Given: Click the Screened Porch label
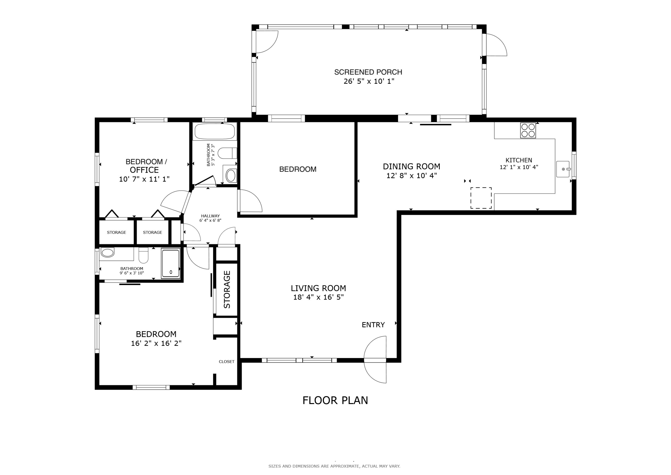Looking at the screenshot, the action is pyautogui.click(x=368, y=72).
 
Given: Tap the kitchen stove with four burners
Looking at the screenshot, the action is pyautogui.click(x=528, y=130).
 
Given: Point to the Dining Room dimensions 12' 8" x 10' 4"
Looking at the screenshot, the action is pyautogui.click(x=412, y=176).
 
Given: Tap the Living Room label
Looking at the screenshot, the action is pyautogui.click(x=318, y=288).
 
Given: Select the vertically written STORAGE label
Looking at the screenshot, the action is pyautogui.click(x=227, y=289).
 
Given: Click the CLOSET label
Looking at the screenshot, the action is pyautogui.click(x=227, y=362).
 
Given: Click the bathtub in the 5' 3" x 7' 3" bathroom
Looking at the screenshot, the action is pyautogui.click(x=215, y=131).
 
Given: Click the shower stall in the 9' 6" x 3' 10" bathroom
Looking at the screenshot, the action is pyautogui.click(x=171, y=264).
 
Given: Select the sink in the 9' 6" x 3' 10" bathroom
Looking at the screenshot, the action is pyautogui.click(x=107, y=253).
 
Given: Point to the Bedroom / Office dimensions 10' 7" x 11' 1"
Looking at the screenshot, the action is pyautogui.click(x=144, y=179).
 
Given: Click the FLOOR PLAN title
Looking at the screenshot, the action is pyautogui.click(x=335, y=400).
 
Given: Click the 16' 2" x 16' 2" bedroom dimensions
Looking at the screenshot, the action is pyautogui.click(x=156, y=343).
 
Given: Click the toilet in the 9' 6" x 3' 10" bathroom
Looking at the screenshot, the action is pyautogui.click(x=144, y=256).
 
